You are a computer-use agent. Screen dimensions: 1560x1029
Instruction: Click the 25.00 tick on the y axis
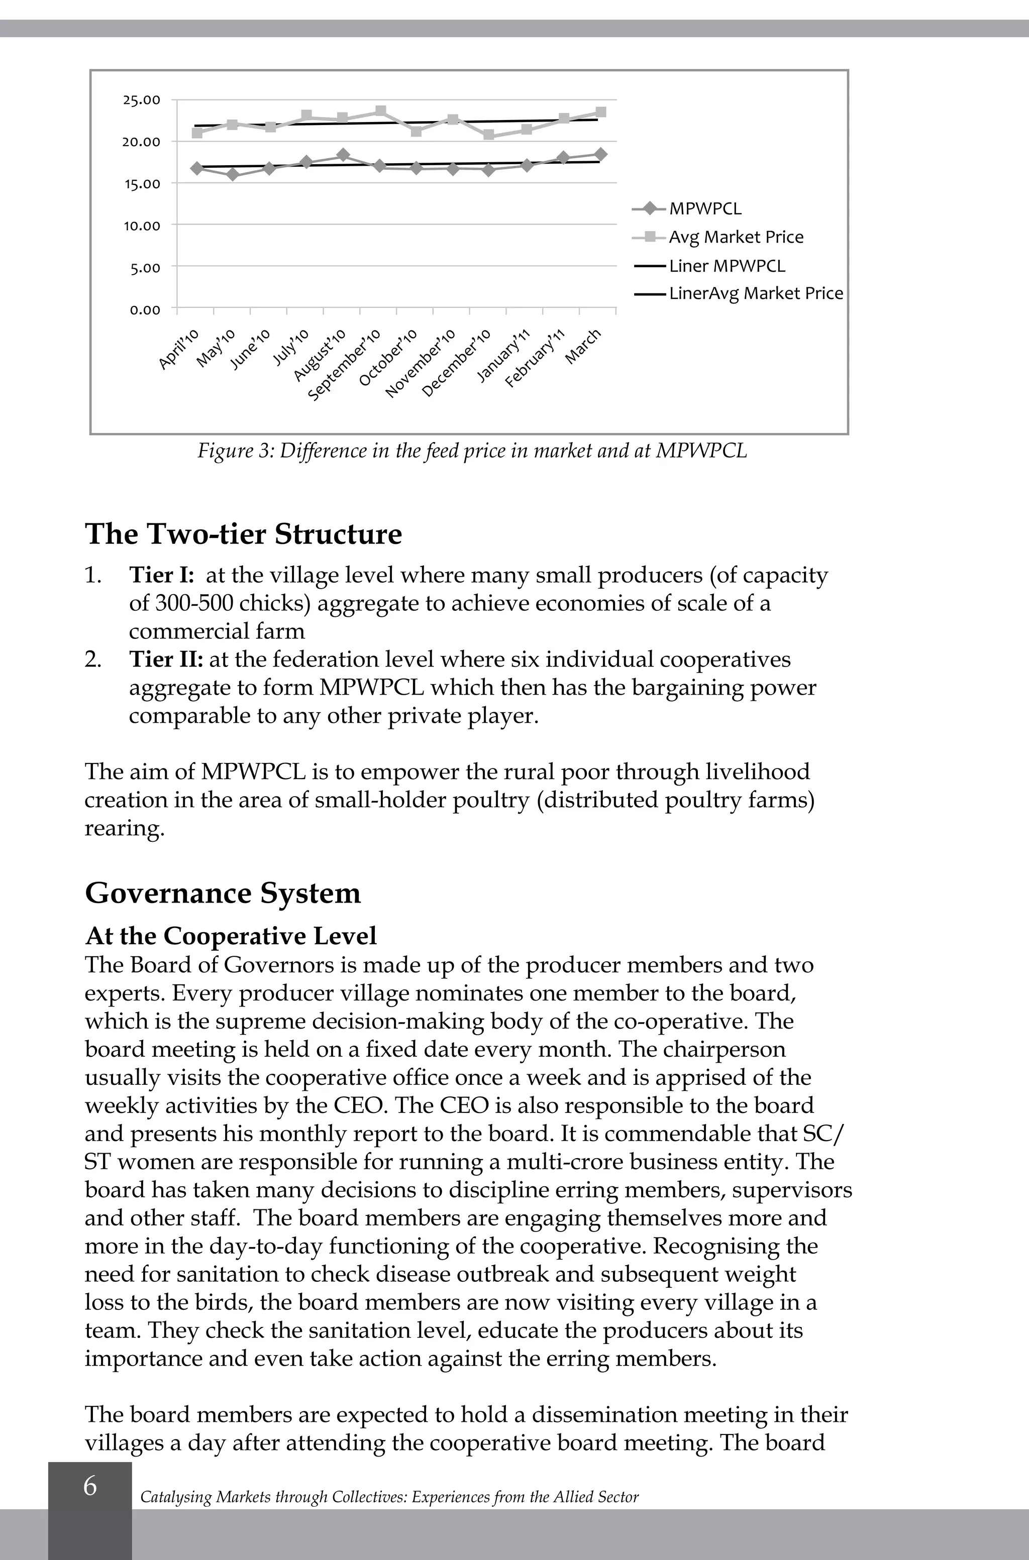141,100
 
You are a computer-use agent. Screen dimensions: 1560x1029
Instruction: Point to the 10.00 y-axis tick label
141,226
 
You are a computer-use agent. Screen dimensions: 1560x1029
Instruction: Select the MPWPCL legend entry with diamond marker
686,208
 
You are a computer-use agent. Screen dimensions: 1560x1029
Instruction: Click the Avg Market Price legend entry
718,237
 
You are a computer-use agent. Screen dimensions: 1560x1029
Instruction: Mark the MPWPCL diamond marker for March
600,154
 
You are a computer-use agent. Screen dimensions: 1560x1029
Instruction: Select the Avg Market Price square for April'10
197,133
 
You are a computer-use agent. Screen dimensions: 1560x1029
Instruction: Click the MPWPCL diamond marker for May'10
232,174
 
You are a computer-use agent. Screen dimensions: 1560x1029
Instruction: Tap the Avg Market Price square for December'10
488,135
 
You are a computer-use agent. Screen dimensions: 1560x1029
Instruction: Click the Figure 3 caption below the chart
472,452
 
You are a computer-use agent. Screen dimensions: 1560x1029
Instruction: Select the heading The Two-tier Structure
243,533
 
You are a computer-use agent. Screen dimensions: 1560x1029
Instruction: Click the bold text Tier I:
161,575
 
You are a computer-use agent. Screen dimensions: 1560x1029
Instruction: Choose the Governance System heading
223,893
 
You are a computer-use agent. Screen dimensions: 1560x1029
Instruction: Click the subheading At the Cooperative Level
231,936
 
